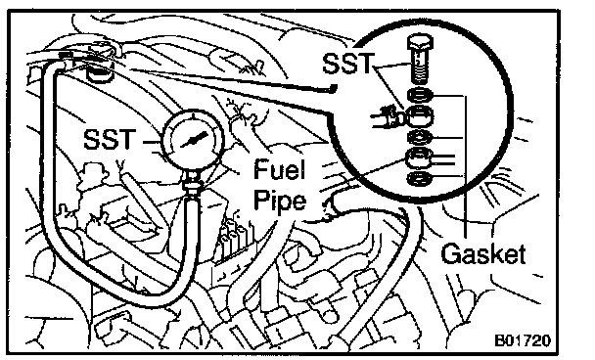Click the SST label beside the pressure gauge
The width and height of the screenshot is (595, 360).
110,139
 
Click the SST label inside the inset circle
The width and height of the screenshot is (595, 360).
348,63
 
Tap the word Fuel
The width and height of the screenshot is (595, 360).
279,169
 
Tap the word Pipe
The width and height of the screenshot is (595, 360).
280,202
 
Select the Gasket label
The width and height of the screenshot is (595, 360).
483,253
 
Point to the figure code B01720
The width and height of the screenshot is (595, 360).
523,340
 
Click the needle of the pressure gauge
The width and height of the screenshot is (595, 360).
194,140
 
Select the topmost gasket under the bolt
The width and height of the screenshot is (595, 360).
420,95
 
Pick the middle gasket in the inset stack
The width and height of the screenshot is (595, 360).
420,137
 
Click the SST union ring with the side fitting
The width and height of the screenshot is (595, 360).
419,115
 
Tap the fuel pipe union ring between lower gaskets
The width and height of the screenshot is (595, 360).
419,157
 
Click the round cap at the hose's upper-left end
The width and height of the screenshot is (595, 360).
100,72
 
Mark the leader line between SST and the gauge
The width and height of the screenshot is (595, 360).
152,143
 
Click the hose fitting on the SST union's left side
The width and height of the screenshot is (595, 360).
388,118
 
